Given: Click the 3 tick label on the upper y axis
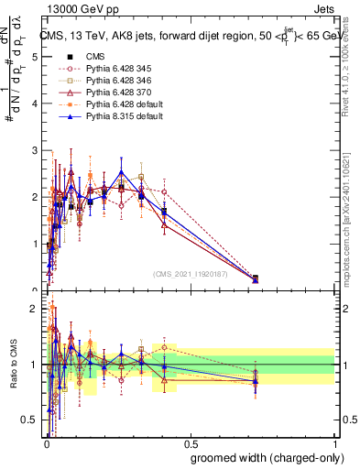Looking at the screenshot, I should (x=35, y=150).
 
